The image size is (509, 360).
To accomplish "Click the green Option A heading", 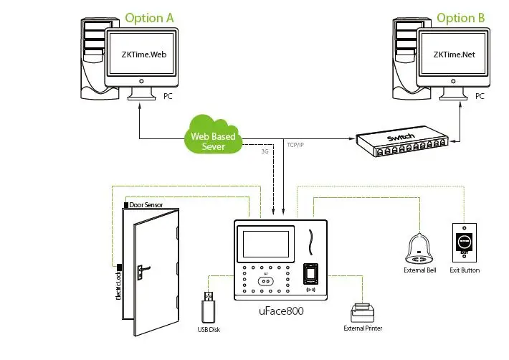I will [x=150, y=17].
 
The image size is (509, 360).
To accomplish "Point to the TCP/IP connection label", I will [x=295, y=145].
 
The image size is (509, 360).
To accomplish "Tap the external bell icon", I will [x=419, y=248].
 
